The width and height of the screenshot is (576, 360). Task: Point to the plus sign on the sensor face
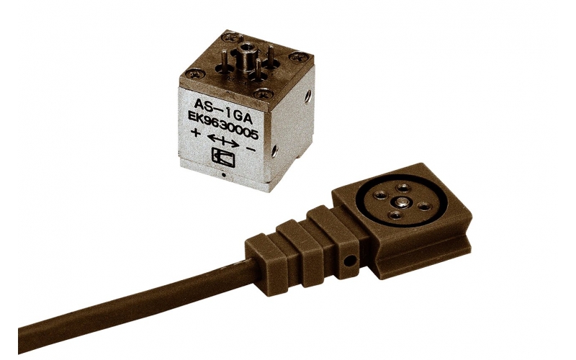tap(194, 134)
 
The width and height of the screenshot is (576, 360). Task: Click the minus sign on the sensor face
tap(251, 149)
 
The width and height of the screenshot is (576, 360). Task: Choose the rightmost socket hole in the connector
tap(423, 206)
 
